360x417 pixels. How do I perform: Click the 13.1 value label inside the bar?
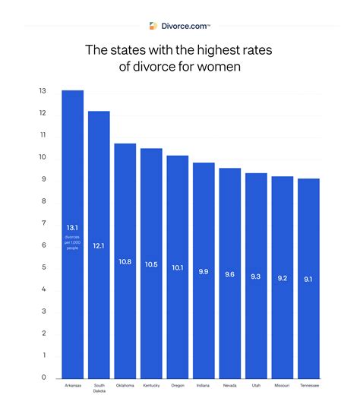click(x=73, y=226)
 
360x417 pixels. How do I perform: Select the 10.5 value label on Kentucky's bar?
click(x=151, y=264)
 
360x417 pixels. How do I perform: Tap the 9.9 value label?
click(x=204, y=270)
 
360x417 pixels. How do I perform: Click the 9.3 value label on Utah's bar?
click(x=256, y=277)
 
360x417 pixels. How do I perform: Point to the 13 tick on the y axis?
click(x=43, y=91)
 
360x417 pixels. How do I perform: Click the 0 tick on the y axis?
click(x=44, y=378)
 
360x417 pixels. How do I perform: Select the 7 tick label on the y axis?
click(x=44, y=223)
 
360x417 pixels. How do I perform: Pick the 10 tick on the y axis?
click(x=43, y=157)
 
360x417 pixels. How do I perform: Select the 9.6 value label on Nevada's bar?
click(x=230, y=273)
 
